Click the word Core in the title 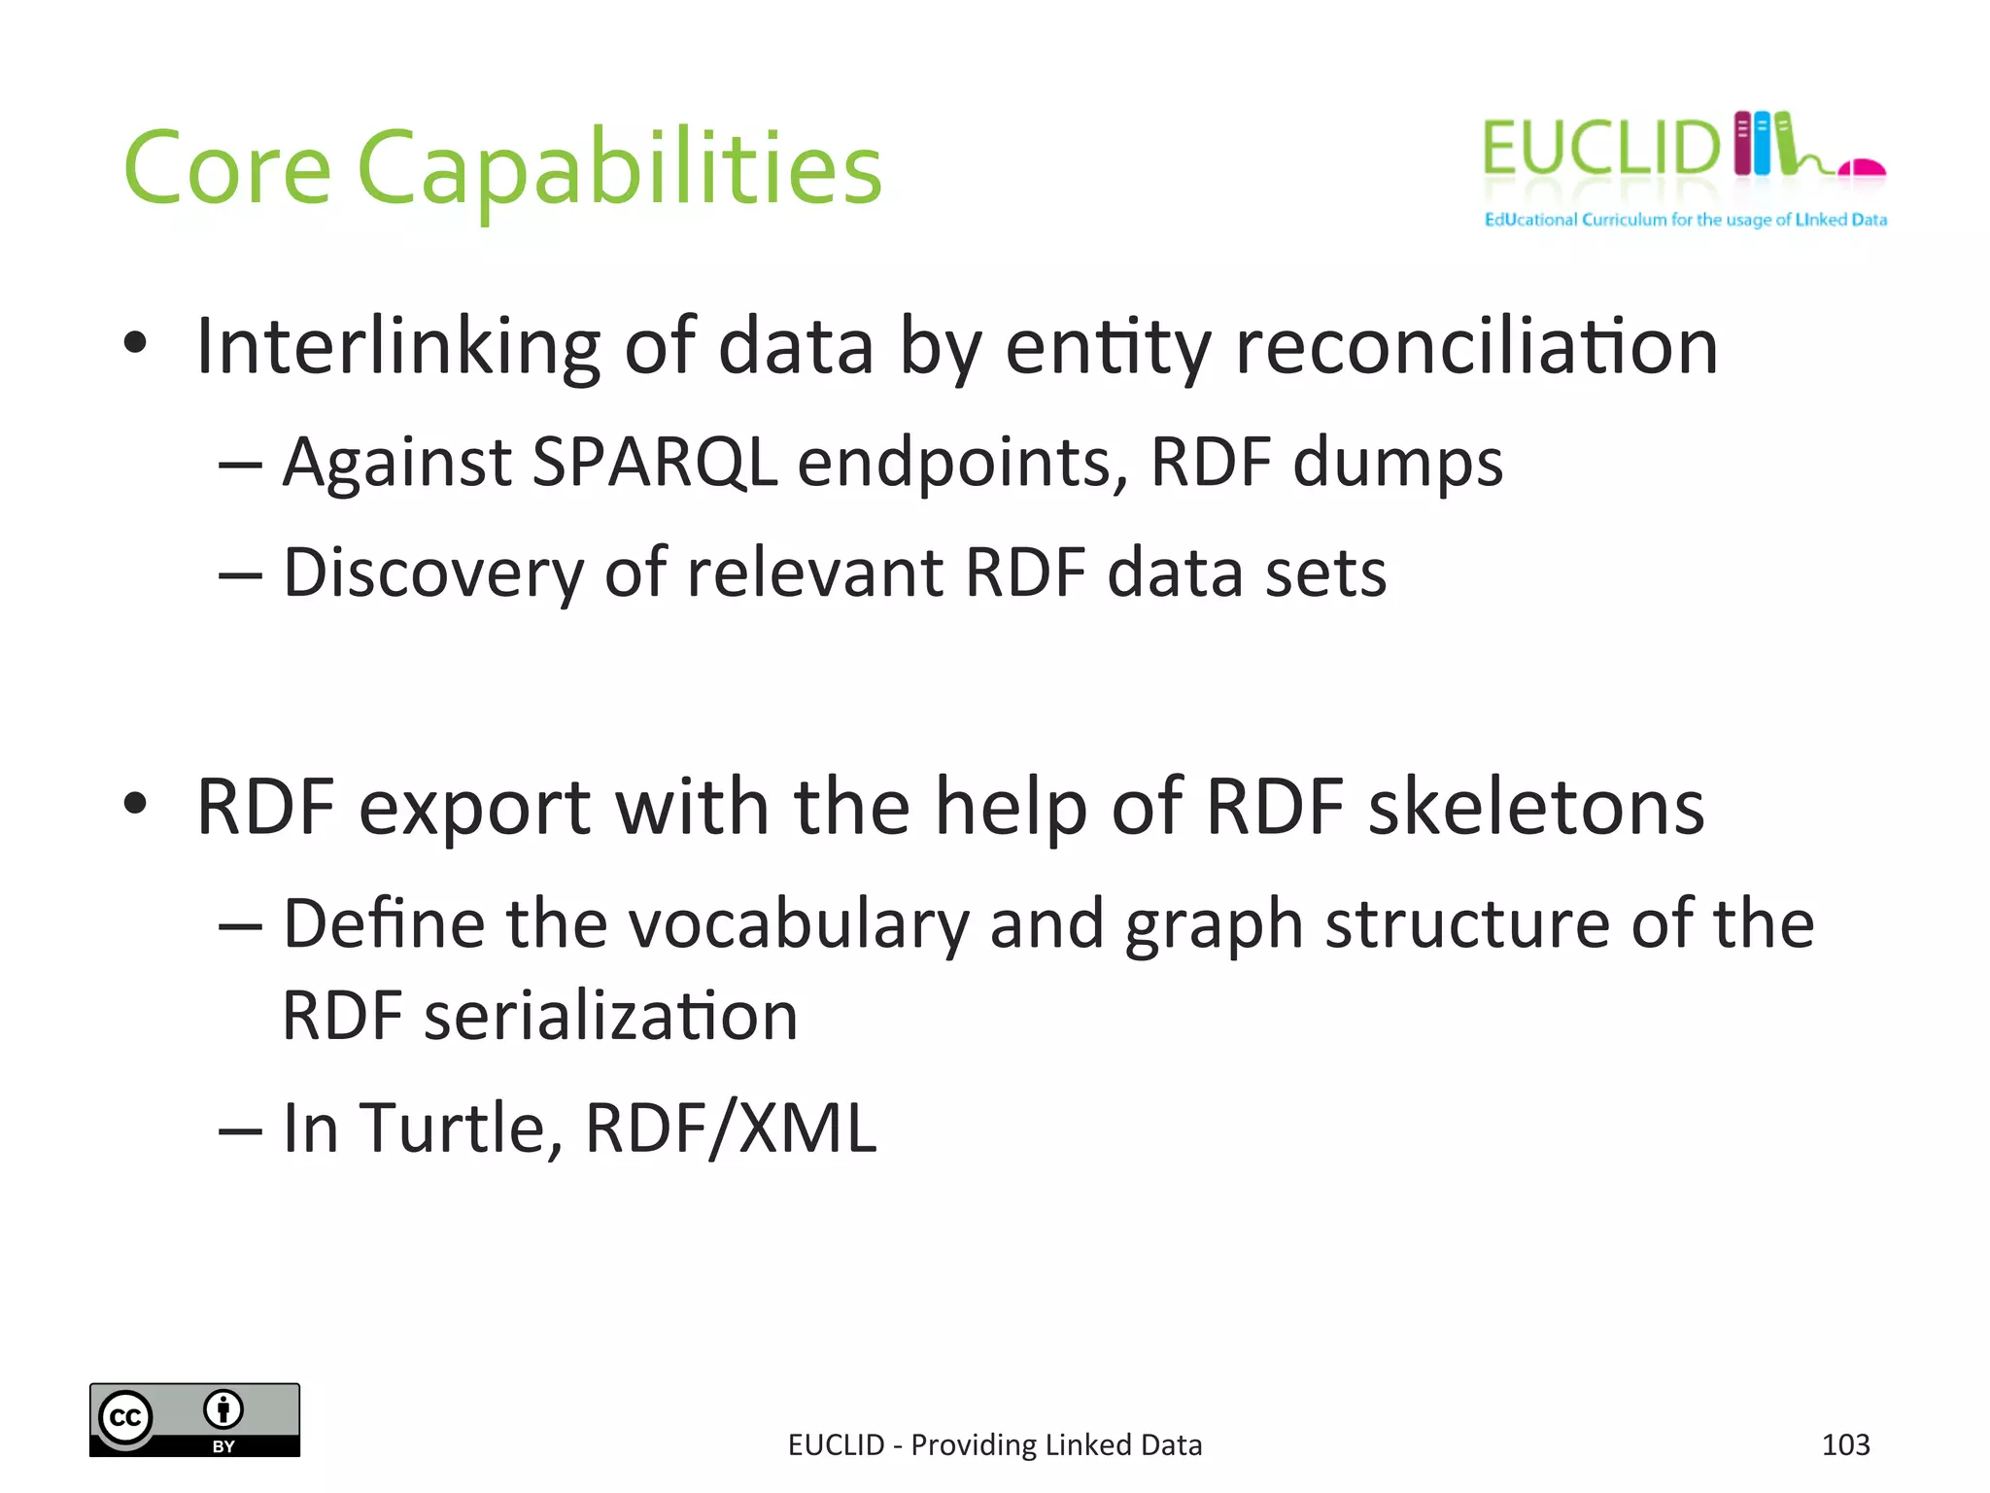(227, 169)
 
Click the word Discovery (433, 573)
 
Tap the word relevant (814, 573)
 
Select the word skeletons (1536, 807)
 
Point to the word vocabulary (799, 924)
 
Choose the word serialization (611, 1017)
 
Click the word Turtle (462, 1128)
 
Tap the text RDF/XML (731, 1128)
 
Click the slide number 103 (1845, 1445)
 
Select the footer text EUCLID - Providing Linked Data (995, 1445)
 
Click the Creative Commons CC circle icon (125, 1418)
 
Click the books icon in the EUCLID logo (1764, 143)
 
